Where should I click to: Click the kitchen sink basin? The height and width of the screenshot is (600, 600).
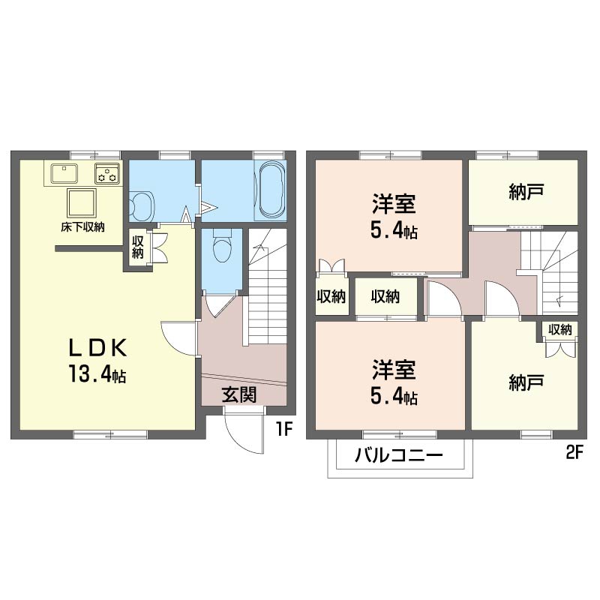click(64, 173)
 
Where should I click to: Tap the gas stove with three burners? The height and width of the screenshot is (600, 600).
click(107, 173)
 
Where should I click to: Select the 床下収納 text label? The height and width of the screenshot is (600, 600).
click(82, 227)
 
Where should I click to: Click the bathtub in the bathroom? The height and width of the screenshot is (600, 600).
click(271, 190)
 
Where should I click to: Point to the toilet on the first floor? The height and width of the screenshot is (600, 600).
click(222, 245)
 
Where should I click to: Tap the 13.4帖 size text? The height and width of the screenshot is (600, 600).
click(97, 373)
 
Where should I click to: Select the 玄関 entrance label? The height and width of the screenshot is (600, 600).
click(239, 395)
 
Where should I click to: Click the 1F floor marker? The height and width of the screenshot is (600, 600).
click(284, 429)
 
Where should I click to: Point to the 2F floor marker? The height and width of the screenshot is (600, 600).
click(574, 453)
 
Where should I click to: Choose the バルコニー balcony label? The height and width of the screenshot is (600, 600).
click(399, 455)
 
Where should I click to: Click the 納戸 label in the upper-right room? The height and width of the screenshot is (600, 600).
click(526, 192)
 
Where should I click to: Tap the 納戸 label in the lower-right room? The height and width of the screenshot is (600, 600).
click(526, 382)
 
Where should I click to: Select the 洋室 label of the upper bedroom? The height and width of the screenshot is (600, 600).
click(394, 203)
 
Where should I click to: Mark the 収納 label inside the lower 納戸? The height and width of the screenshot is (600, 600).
click(559, 329)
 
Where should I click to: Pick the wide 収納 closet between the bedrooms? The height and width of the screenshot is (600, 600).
click(385, 296)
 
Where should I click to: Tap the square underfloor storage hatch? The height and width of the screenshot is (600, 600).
click(81, 202)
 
